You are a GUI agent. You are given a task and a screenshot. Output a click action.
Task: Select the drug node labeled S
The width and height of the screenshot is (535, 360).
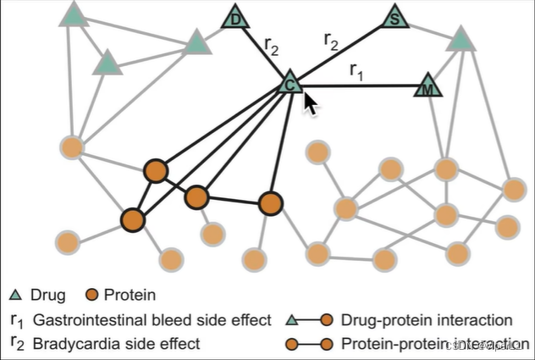click(x=395, y=17)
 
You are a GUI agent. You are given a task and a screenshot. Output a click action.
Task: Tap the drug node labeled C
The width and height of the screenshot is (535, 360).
click(x=290, y=82)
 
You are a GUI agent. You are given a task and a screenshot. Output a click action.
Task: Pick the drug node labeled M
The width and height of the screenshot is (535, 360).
click(x=429, y=86)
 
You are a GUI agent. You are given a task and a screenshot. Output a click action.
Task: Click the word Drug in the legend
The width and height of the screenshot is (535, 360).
click(x=47, y=296)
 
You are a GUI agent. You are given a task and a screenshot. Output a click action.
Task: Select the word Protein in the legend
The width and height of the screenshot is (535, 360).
click(x=132, y=296)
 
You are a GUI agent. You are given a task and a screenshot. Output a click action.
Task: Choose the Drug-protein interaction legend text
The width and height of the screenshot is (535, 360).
click(x=427, y=320)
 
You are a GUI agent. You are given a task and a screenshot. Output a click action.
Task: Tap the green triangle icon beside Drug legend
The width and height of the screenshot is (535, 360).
click(x=17, y=296)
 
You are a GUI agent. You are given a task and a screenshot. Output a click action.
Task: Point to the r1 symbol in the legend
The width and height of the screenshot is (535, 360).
click(x=17, y=321)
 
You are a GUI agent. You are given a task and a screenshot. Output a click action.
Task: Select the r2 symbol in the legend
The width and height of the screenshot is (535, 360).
click(x=17, y=345)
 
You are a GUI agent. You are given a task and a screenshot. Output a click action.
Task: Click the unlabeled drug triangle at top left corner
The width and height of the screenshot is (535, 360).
click(x=74, y=14)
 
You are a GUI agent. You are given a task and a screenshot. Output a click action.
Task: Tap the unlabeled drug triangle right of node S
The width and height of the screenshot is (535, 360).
click(x=460, y=38)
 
